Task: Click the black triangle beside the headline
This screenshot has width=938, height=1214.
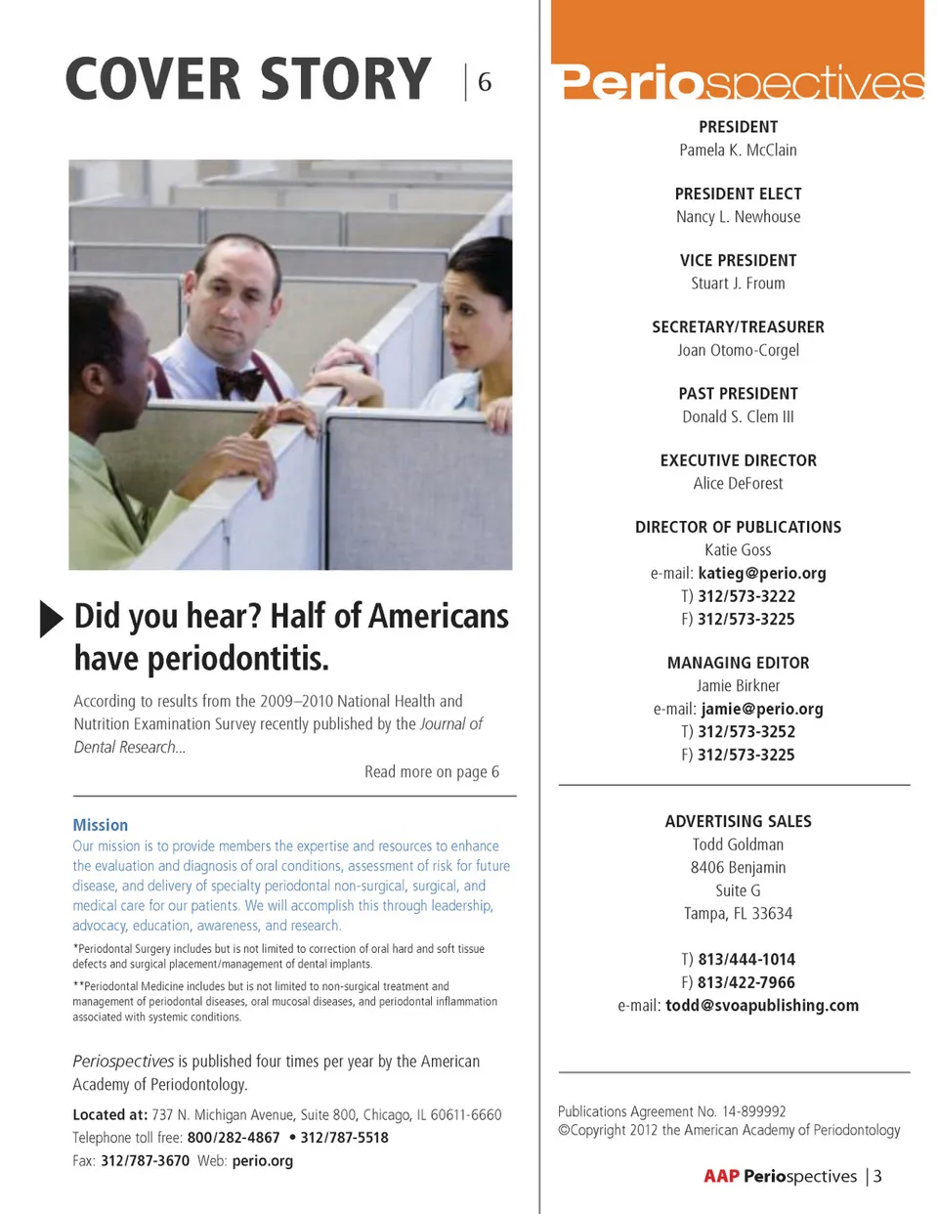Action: pos(50,619)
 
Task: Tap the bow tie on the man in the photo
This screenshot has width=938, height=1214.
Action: pos(239,379)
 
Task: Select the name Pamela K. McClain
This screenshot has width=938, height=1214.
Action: pos(738,151)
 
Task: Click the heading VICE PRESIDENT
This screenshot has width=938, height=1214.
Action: pos(738,261)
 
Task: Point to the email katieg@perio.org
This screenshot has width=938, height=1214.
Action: pos(762,574)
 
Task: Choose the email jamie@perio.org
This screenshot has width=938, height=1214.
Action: pos(762,710)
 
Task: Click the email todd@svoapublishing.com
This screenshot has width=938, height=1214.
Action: pos(762,1006)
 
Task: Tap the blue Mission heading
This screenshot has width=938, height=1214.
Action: pos(101,826)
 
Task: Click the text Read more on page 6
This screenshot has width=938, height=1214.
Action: pos(432,772)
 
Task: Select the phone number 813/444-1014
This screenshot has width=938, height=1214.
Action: pos(746,960)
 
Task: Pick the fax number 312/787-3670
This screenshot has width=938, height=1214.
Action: pos(145,1161)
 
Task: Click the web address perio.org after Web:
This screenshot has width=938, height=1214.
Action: pos(263,1161)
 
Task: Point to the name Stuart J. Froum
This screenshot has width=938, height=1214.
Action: pos(738,283)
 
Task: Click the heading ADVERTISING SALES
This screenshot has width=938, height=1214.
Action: pos(738,822)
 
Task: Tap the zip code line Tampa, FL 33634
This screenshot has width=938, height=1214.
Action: pos(738,914)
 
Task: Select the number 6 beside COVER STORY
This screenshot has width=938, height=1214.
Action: pos(485,83)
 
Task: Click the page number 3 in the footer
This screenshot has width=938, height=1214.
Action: pos(877,1177)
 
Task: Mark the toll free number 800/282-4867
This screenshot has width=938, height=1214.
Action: pos(234,1138)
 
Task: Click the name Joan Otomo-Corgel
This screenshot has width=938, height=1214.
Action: pos(738,351)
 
